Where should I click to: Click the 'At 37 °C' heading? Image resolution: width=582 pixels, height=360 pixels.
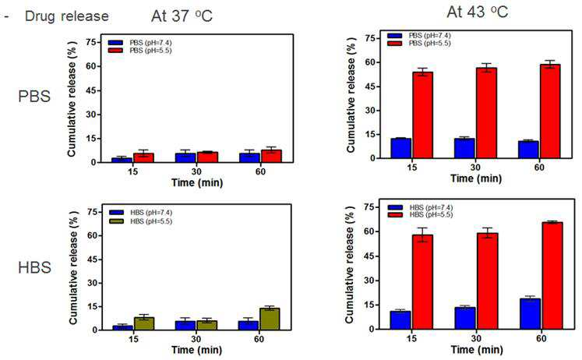182,16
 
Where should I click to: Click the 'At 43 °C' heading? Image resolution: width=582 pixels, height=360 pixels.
478,12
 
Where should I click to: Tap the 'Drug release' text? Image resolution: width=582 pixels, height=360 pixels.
67,16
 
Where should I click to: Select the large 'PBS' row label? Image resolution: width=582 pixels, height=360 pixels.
34,97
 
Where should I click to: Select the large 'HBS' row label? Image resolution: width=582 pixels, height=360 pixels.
34,267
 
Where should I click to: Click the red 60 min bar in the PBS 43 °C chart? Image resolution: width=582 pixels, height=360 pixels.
550,111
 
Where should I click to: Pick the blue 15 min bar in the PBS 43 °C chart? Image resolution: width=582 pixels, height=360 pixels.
401,149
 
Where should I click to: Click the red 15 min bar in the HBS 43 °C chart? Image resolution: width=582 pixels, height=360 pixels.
422,282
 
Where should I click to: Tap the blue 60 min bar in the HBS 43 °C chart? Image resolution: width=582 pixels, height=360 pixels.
530,314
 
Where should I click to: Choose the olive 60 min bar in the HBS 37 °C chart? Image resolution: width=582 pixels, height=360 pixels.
270,319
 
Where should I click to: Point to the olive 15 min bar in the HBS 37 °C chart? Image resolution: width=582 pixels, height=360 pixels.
144,323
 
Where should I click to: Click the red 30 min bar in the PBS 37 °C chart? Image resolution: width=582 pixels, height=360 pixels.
208,157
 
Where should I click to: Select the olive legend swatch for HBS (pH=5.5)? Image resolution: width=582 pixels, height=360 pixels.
117,221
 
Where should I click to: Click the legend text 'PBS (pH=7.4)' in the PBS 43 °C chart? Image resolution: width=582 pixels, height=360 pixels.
430,36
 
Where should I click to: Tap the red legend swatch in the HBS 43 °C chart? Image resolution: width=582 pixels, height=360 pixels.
395,215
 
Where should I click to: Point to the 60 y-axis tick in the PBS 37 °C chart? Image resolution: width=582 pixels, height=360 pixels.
93,66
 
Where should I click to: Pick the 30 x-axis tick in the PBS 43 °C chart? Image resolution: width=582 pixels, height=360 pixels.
475,168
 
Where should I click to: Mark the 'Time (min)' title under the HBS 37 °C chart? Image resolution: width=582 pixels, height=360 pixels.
196,350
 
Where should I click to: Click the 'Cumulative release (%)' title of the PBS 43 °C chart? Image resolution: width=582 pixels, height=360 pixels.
351,95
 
